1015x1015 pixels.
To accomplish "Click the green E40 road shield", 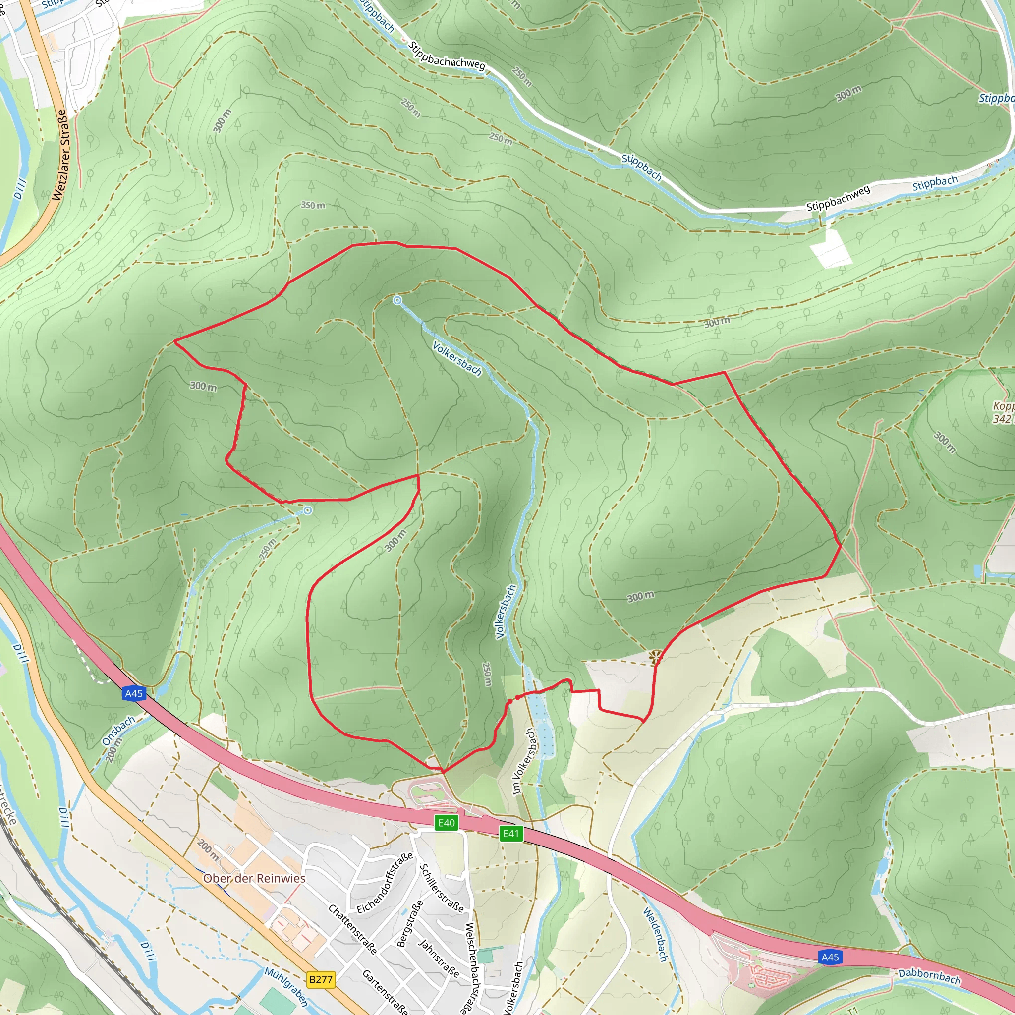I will pos(446,823).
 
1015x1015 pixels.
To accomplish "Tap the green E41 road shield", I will pos(510,833).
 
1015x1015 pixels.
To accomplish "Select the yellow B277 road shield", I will pos(321,979).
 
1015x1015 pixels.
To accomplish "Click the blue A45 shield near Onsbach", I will pos(133,693).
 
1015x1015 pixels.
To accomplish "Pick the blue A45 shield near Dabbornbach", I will pos(830,957).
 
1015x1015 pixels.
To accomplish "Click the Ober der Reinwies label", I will pos(254,878).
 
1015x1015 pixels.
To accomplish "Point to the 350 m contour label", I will pos(313,205).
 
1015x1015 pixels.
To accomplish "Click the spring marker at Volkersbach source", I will pos(397,300).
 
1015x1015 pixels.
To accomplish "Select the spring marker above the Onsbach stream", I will pos(308,510).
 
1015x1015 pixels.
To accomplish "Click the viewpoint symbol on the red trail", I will pos(655,656).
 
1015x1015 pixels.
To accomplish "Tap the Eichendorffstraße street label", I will pos(385,883).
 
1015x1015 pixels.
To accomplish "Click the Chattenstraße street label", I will pos(352,929).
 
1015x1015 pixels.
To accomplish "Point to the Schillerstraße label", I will pos(441,887).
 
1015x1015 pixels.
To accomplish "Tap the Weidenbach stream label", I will pos(655,935).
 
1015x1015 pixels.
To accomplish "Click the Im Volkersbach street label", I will pos(524,761).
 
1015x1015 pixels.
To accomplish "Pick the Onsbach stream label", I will pos(118,730).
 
